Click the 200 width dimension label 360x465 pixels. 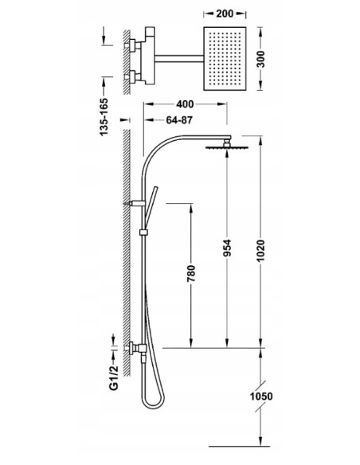pos(225,14)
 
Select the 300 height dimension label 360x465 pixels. pos(260,59)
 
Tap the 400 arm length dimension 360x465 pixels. pos(185,104)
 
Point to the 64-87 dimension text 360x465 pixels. pos(179,120)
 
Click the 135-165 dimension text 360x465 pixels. pos(104,117)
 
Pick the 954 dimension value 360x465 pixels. pos(227,248)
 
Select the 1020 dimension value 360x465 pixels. pos(260,251)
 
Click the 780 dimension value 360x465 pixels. pos(191,273)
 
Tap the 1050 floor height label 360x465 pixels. pos(261,397)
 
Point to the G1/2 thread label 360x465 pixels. pos(114,377)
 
